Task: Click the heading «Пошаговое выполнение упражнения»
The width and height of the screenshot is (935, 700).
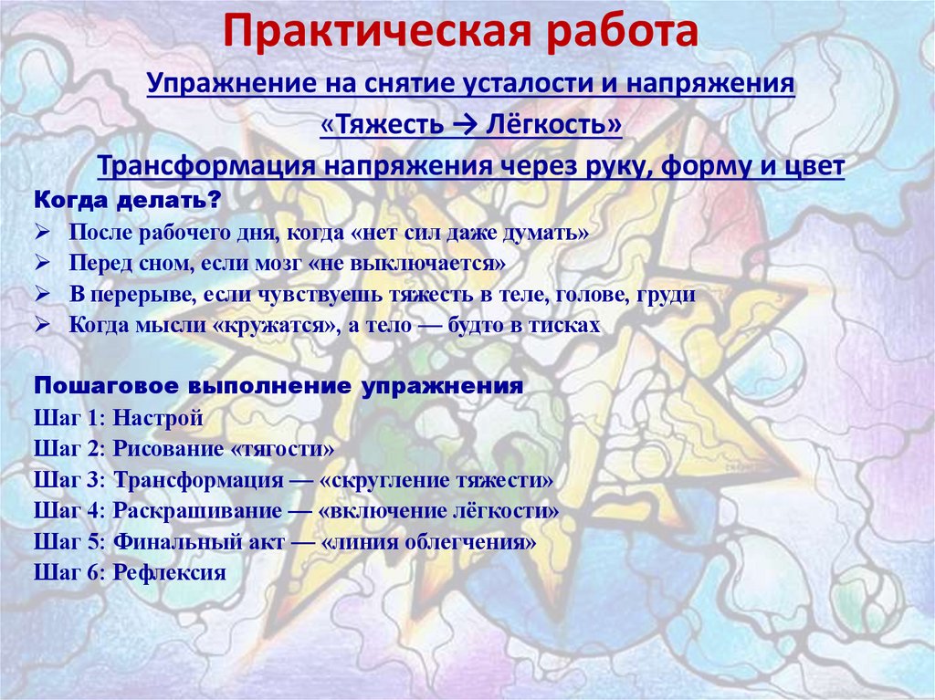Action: coord(278,385)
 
